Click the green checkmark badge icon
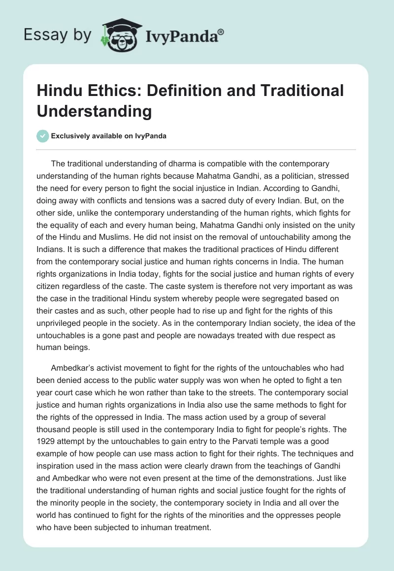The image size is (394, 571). click(43, 136)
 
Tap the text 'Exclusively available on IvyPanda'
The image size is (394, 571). click(109, 136)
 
